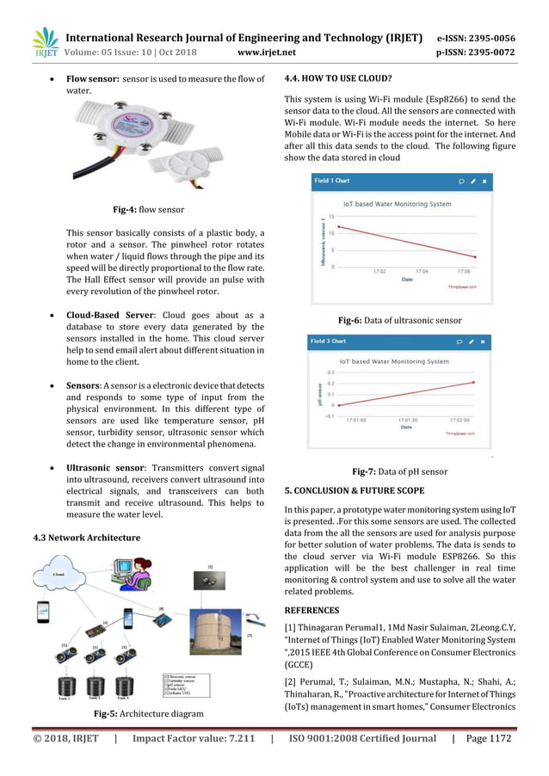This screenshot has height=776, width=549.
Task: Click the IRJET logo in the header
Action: click(45, 42)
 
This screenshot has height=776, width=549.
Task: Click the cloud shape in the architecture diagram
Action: click(60, 572)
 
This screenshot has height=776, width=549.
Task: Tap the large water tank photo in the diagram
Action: click(215, 632)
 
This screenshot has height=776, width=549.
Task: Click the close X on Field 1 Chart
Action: click(484, 182)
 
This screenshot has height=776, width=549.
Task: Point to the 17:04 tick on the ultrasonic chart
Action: click(422, 271)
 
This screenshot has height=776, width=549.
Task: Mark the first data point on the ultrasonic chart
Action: click(338, 227)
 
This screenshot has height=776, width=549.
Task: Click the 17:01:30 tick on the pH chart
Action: click(409, 421)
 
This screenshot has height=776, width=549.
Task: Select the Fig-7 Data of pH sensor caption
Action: click(399, 471)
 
